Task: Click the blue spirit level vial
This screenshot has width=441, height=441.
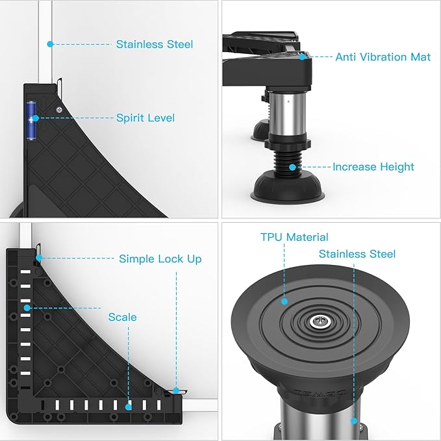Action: tap(31, 120)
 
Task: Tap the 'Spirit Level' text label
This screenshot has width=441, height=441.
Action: tap(145, 118)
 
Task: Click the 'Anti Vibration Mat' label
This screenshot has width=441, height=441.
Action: tap(383, 57)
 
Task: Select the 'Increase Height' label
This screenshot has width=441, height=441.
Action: tap(373, 167)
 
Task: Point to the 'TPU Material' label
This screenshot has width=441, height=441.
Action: tap(294, 237)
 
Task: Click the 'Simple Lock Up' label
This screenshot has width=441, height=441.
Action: tap(160, 258)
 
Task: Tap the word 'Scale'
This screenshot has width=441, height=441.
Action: tap(123, 317)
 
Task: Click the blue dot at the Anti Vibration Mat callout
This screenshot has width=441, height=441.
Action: tap(302, 57)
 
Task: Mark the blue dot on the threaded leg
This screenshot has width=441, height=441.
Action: tap(292, 168)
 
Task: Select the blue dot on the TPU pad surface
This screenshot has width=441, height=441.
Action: tap(284, 301)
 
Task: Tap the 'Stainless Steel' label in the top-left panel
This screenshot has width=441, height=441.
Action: tap(155, 44)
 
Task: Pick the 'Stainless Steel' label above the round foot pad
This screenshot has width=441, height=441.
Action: tap(357, 254)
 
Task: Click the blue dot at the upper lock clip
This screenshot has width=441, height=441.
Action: tap(39, 258)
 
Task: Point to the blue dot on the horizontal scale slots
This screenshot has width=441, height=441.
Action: tap(128, 407)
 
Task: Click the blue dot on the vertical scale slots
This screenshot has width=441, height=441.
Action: tap(27, 308)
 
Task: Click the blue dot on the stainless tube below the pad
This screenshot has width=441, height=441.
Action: tap(354, 421)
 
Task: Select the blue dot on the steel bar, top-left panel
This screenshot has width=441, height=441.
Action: tap(51, 44)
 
